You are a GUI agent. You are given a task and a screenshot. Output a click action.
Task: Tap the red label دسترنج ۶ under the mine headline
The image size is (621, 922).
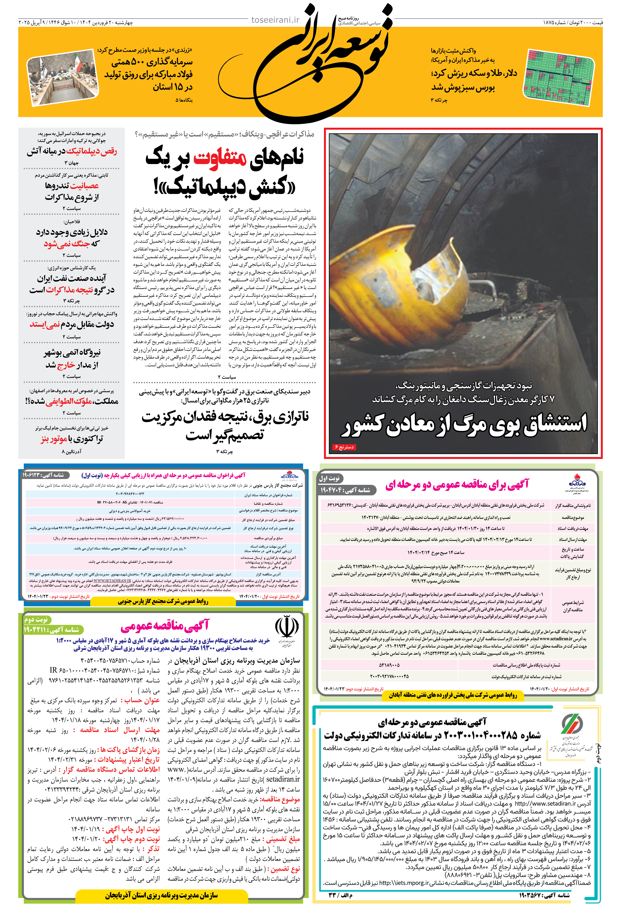(x=344, y=447)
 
